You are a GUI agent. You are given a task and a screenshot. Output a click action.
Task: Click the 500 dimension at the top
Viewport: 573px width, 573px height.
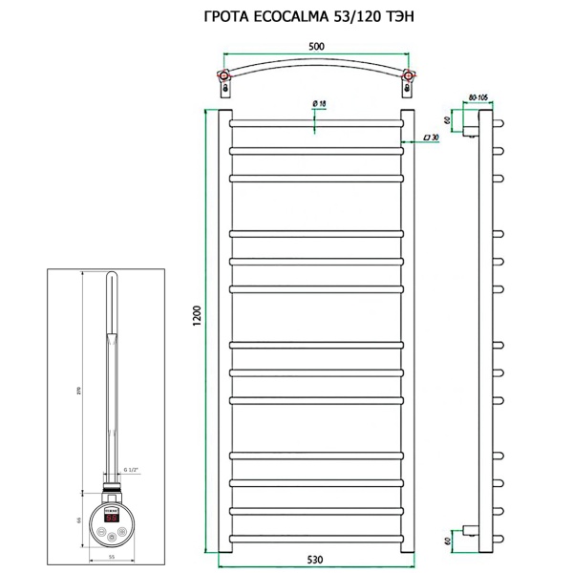(x=315, y=44)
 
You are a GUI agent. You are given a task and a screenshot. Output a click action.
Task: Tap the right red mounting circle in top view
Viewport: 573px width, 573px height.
(x=408, y=75)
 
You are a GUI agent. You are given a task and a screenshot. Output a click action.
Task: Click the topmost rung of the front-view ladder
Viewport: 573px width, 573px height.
(x=316, y=123)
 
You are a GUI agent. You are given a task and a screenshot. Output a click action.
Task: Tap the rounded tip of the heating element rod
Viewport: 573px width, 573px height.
(x=112, y=278)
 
